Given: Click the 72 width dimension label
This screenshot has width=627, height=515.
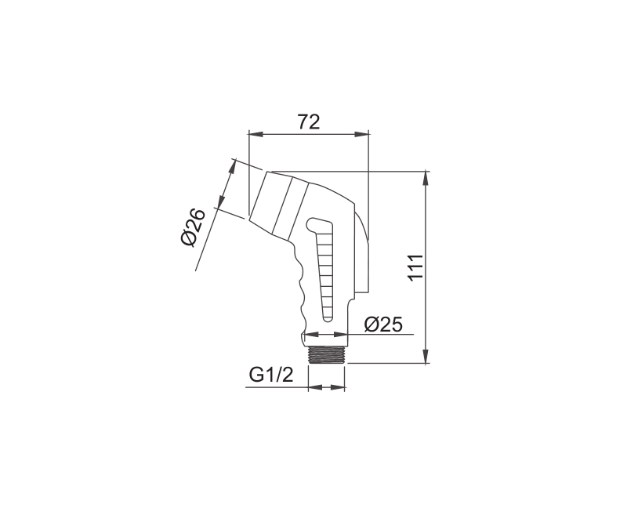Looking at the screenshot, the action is point(309,122).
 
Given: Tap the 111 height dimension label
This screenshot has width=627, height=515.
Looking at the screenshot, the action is point(416,267).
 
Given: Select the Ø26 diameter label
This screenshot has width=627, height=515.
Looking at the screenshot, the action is point(193,227).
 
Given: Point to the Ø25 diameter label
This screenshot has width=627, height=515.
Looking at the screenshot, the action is point(383,325).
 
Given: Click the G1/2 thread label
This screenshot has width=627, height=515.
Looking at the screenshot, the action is point(271,375).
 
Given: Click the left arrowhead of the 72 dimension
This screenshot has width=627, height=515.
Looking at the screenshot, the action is point(256,134).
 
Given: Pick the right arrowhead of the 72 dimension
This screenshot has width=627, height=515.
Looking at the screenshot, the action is point(361,134).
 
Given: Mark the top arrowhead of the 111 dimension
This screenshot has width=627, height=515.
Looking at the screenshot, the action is point(426,179).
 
